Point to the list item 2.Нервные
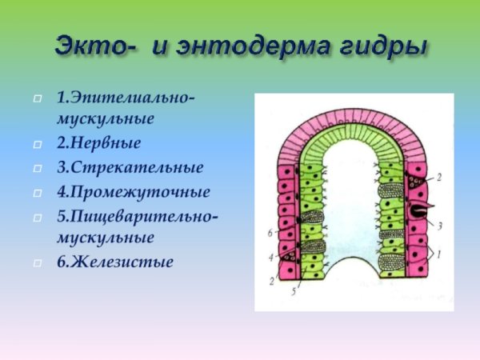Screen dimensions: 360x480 (x=98, y=144)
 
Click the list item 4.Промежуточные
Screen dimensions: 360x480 (x=133, y=192)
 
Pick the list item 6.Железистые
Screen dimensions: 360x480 (x=114, y=261)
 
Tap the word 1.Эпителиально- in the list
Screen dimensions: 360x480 (x=125, y=98)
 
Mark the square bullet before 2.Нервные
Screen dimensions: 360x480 (x=38, y=145)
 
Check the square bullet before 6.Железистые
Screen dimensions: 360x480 (x=38, y=262)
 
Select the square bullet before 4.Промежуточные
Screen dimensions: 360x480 (x=38, y=193)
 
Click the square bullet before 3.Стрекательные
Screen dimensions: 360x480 (x=38, y=169)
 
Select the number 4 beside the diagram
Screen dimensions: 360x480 (x=272, y=257)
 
